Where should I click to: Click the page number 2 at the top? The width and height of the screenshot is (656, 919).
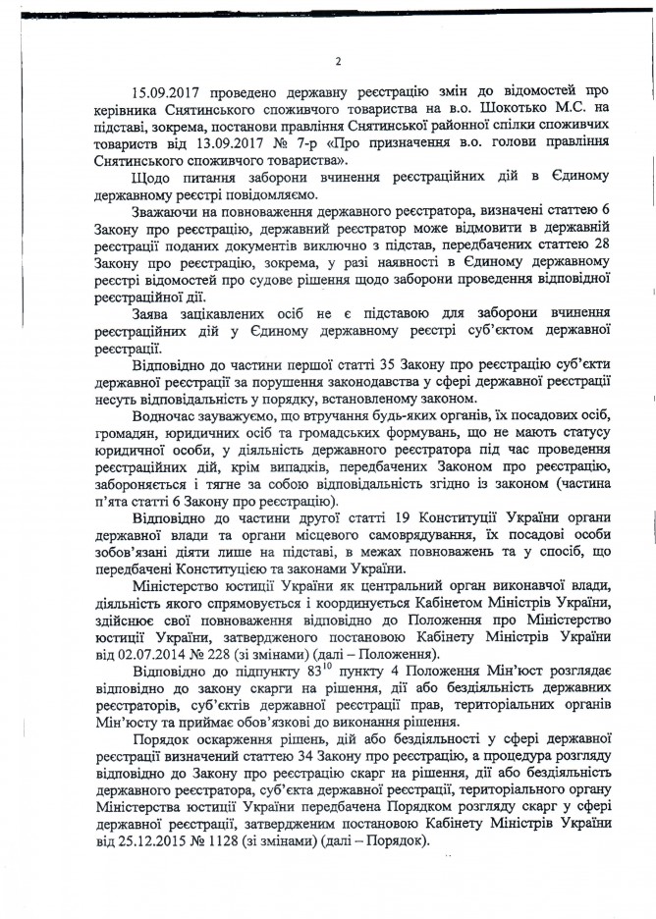336,62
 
